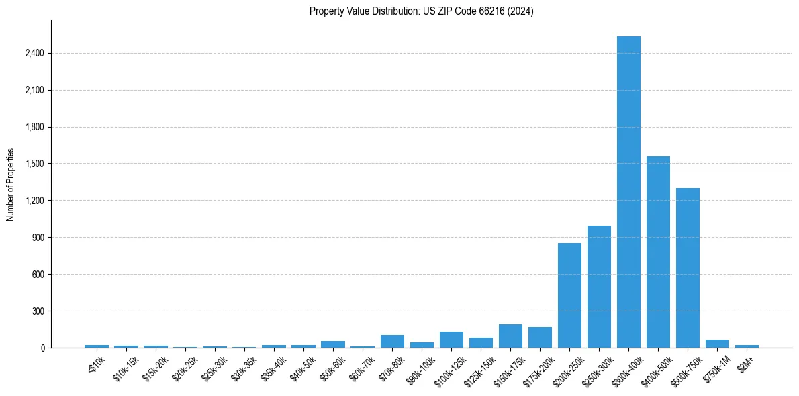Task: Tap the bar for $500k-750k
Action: pos(688,268)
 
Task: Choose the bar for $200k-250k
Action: pos(569,295)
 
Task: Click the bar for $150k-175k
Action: pos(510,336)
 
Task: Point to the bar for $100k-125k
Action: pos(451,340)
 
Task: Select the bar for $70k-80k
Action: pos(392,341)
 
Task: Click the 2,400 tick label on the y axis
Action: pos(34,54)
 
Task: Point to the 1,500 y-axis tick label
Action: pos(34,164)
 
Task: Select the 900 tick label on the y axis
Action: pos(37,238)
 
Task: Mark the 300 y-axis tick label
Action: pos(37,311)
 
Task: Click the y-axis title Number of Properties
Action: pos(10,185)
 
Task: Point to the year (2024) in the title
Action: pos(521,11)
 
